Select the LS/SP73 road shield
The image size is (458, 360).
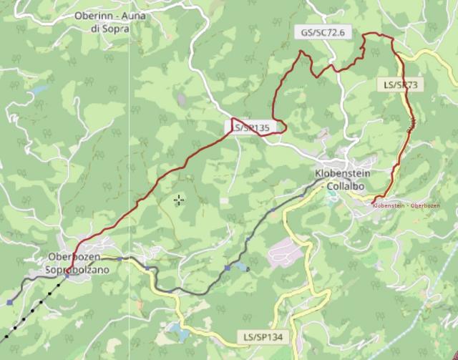coord(400,84)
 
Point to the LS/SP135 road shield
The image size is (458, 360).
coord(251,127)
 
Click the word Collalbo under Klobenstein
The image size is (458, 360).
coord(346,186)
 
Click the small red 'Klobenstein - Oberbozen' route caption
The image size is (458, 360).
coord(406,205)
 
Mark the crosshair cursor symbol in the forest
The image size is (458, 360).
coord(178,200)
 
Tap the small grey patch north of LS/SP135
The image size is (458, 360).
coord(181,99)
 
